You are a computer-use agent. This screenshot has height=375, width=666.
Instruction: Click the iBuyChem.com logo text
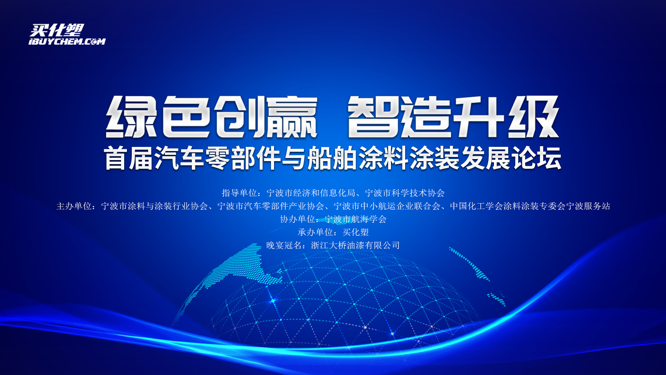click(67, 42)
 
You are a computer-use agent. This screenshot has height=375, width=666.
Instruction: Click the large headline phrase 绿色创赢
click(212, 117)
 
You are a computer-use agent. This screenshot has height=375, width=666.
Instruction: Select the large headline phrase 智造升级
click(453, 117)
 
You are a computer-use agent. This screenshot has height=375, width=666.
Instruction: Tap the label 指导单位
click(239, 193)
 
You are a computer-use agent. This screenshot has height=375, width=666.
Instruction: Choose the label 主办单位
click(74, 206)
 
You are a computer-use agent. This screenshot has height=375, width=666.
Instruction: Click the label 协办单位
click(298, 219)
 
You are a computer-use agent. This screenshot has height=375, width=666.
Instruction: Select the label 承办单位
click(315, 232)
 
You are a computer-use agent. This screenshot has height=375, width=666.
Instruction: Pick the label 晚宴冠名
click(284, 245)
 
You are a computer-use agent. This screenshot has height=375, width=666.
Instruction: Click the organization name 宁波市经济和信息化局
click(311, 193)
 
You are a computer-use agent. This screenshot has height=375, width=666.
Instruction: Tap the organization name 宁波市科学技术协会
click(405, 193)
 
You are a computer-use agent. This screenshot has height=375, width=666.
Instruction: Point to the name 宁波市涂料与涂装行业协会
click(154, 206)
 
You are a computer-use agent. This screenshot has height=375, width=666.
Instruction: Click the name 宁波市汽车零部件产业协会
click(271, 206)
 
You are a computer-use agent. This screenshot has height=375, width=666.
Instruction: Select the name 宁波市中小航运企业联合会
click(387, 206)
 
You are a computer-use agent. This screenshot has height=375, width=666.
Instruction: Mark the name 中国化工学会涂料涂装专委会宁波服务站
click(530, 206)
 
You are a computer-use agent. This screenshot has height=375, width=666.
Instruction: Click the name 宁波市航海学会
click(356, 219)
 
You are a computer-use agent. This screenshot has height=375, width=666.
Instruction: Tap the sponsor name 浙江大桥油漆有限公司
click(356, 245)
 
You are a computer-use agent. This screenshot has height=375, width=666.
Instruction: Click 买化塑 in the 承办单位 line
click(356, 232)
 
